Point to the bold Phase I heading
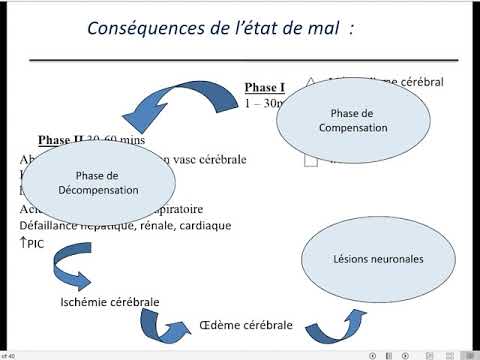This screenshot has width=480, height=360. tap(265, 87)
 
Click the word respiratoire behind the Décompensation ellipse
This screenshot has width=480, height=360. tap(195, 209)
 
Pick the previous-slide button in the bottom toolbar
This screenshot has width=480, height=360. tap(373, 355)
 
